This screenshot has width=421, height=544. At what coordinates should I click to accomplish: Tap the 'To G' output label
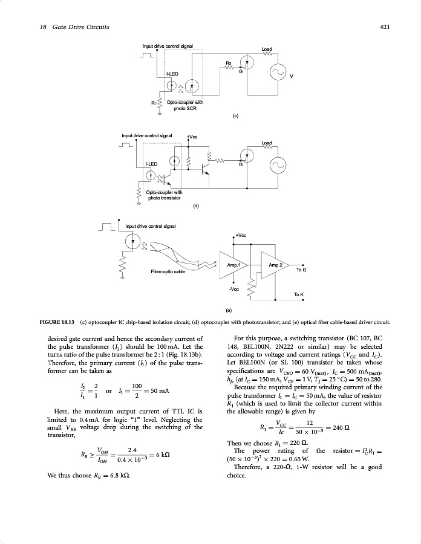pos(301,270)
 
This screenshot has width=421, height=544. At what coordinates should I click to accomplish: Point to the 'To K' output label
pos(298,294)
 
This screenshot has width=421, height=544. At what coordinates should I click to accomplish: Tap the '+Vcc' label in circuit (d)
pos(192,137)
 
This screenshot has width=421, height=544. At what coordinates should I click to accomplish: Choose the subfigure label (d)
pos(195,206)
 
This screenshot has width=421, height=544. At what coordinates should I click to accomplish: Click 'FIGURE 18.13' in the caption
pos(44,321)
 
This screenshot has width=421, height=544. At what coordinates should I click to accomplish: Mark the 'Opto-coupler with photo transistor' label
pos(164,195)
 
